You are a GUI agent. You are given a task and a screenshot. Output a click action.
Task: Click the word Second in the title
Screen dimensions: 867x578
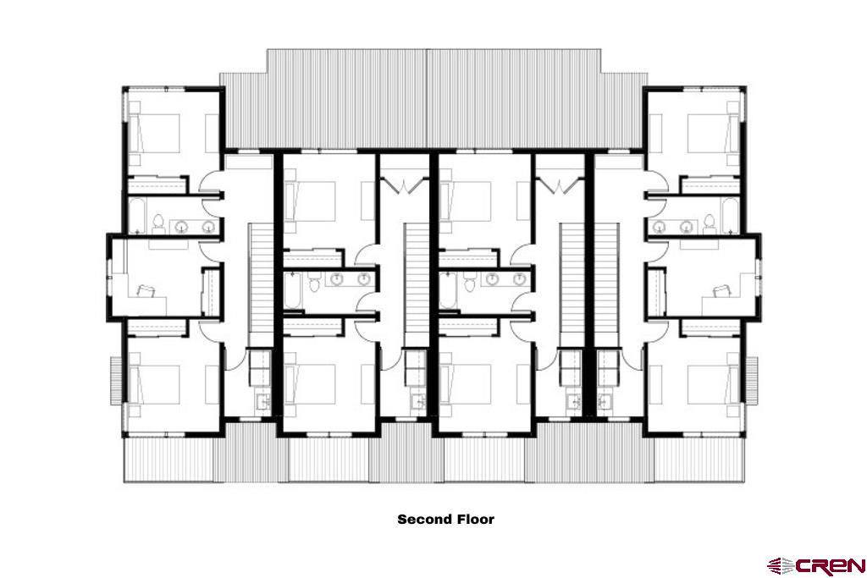[423, 520]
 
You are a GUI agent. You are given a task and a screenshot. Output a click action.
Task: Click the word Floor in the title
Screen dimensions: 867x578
[475, 520]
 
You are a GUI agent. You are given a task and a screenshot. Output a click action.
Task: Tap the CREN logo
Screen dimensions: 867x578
[816, 566]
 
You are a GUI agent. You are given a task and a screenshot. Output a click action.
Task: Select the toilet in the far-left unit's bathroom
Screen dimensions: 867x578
[158, 223]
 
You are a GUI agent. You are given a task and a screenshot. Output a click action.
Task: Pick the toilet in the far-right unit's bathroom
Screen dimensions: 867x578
[710, 223]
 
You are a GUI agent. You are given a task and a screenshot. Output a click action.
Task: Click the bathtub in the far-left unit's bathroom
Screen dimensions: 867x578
[136, 216]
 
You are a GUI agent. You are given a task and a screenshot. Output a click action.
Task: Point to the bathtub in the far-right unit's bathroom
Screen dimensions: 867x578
[731, 216]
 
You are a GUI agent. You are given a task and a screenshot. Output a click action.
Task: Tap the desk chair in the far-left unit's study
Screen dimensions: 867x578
[146, 290]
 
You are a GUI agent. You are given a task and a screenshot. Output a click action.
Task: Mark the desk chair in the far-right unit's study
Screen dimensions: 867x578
[721, 290]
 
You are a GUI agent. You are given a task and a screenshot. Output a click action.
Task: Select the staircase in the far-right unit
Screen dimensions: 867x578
[606, 284]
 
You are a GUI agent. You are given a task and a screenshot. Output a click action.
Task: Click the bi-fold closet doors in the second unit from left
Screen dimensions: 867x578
[406, 184]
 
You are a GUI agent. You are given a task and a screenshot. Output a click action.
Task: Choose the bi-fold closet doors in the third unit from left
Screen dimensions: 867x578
[561, 184]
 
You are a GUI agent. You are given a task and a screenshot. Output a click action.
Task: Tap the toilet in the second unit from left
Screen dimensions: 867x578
[315, 283]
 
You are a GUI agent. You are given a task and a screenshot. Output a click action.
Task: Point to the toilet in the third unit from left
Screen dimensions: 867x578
[470, 283]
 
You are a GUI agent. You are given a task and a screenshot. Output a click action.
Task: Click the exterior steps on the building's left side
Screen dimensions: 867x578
[116, 381]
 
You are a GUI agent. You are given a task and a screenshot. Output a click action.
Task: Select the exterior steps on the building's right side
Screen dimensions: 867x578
[752, 381]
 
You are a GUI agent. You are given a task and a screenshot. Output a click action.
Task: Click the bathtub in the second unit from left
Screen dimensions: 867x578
[292, 290]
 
